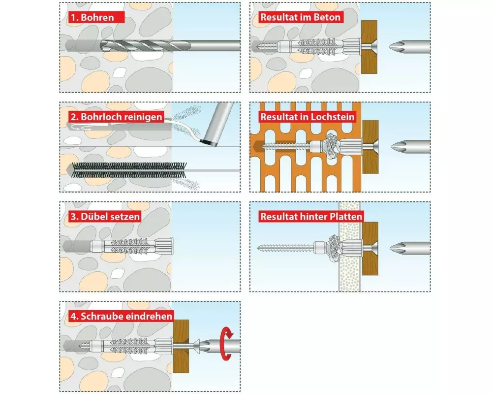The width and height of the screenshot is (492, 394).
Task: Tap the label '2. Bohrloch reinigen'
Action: [117, 117]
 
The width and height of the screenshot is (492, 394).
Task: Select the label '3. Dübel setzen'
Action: [105, 217]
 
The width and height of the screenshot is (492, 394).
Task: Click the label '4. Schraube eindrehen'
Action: [122, 316]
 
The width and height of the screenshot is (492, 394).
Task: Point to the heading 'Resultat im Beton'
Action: [300, 17]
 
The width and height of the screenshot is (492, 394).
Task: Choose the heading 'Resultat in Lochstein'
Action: [307, 117]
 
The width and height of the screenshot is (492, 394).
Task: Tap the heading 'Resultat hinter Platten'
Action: [311, 217]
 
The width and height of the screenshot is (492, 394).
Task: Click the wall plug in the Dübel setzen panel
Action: [132, 246]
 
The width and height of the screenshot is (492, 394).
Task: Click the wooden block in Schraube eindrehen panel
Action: [181, 346]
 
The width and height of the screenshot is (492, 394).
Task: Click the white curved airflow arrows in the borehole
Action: [81, 128]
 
